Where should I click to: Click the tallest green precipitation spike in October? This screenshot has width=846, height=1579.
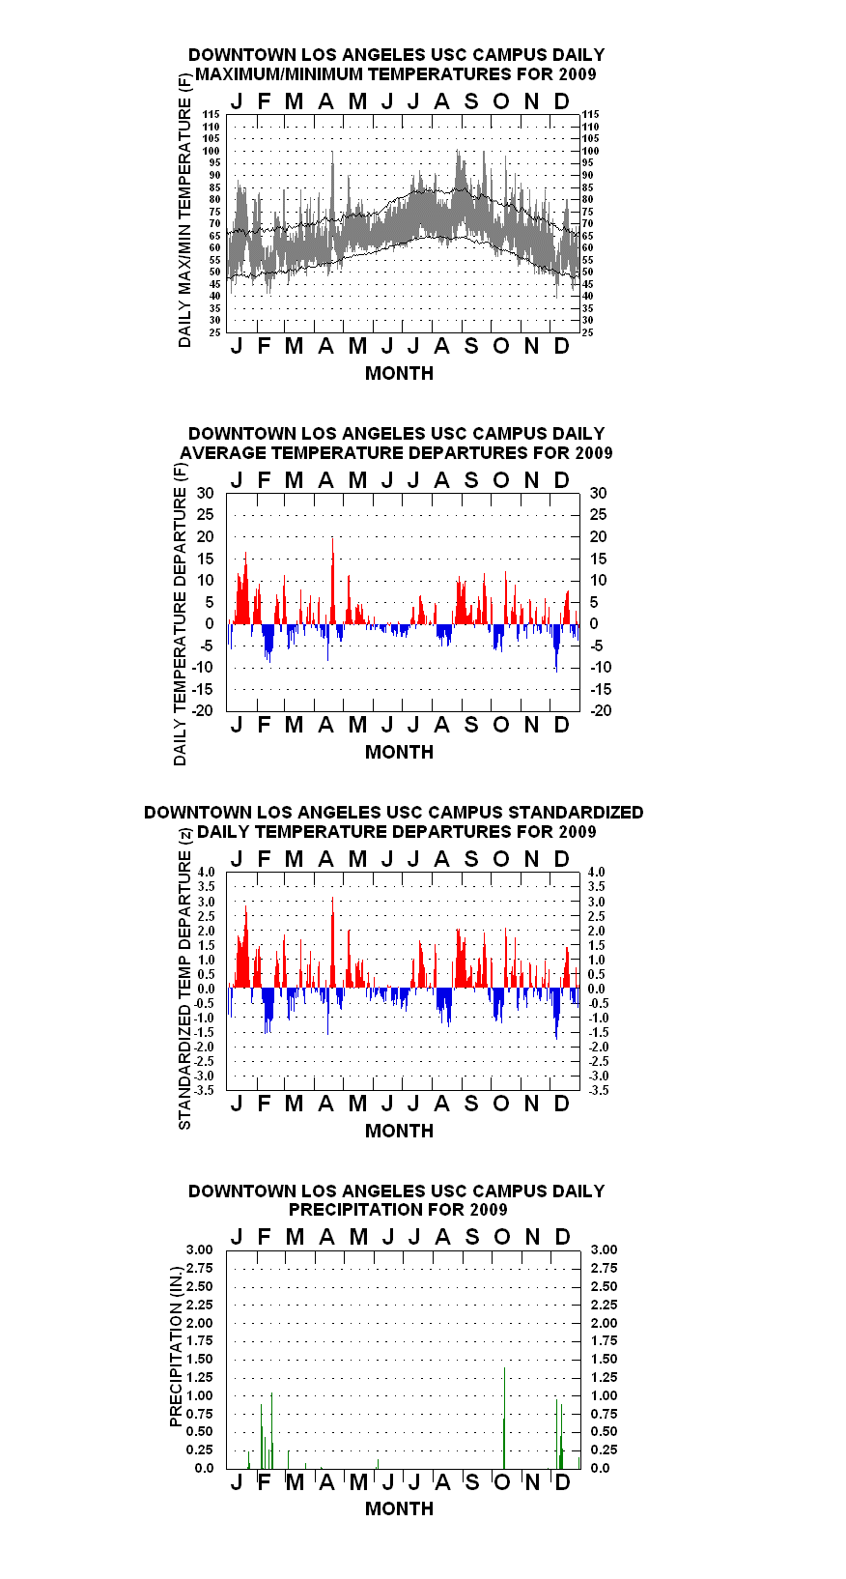point(504,1418)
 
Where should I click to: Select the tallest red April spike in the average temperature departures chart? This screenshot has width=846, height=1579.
point(333,581)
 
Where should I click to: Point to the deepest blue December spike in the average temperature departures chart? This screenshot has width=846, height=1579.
point(556,647)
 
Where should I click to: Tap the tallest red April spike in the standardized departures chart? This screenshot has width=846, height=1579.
point(332,942)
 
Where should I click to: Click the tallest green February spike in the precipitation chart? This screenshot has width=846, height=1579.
point(271,1430)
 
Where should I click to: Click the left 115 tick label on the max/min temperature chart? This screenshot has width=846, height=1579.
point(211,114)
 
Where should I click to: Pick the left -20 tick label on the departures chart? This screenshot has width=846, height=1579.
point(203,710)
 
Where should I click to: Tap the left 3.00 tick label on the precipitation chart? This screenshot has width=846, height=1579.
point(199,1249)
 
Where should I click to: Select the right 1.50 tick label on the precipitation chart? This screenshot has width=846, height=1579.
point(604,1359)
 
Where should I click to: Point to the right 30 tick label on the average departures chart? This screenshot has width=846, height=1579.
point(598,494)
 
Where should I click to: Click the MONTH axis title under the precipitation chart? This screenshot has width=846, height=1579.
point(400,1508)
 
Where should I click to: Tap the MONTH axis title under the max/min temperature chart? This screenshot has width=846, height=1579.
point(400,374)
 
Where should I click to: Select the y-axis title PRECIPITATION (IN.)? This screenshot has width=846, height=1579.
point(176,1347)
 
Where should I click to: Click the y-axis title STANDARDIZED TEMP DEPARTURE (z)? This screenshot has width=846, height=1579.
point(184,979)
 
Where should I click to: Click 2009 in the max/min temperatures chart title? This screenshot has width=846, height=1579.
point(578,74)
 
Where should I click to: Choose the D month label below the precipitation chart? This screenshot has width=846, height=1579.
point(562,1482)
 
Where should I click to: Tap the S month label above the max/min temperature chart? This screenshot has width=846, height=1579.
point(471,102)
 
